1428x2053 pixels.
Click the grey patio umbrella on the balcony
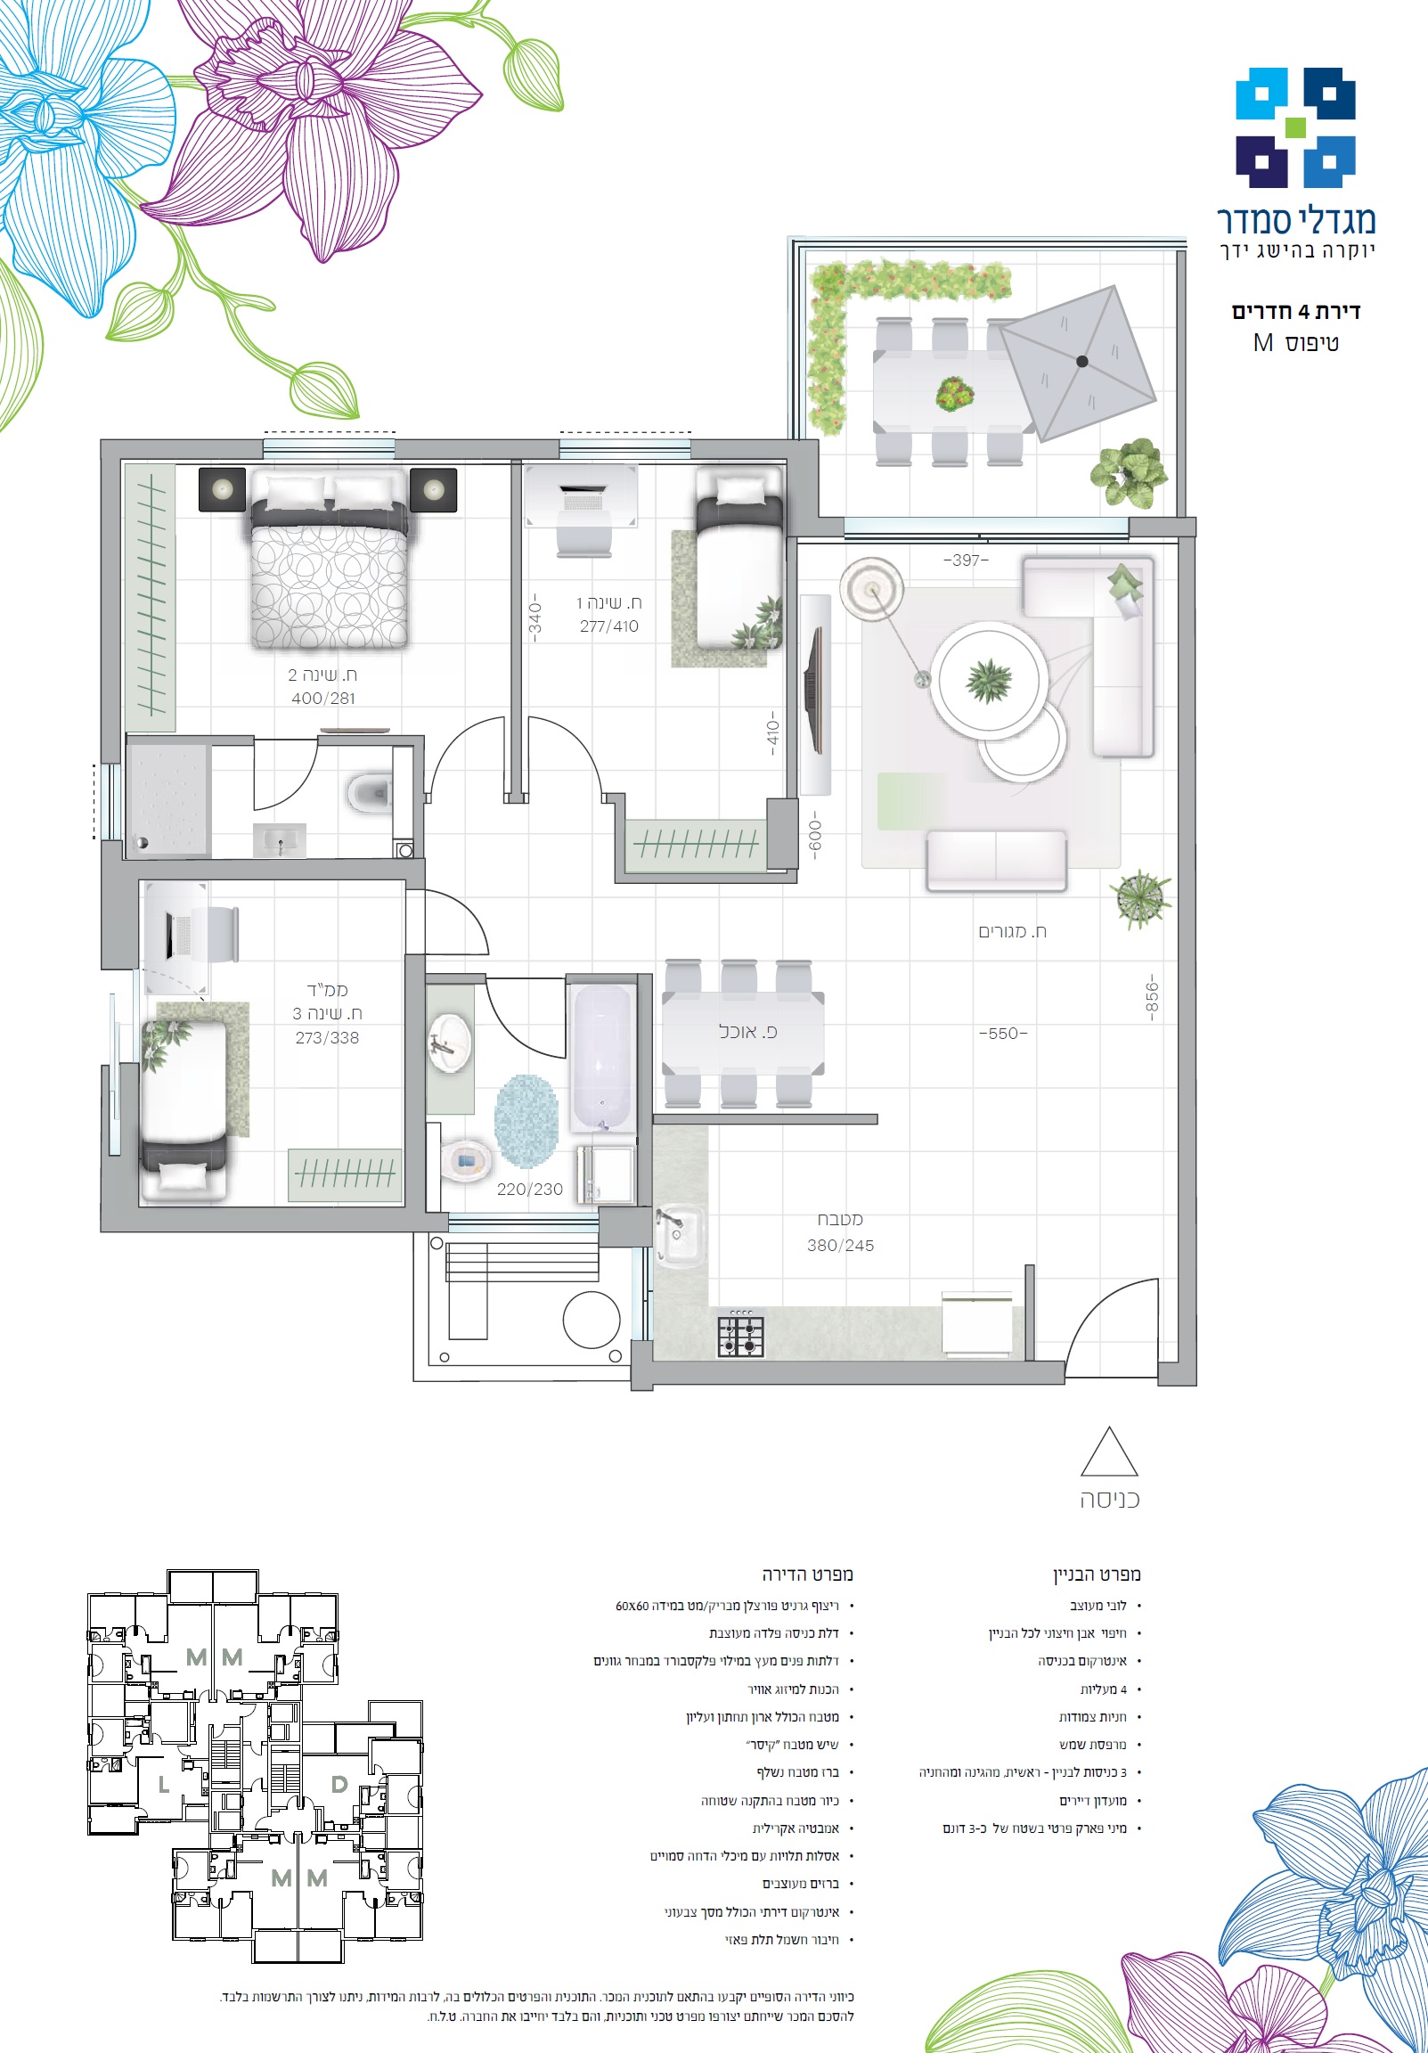1078,362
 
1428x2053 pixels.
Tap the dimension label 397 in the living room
966,560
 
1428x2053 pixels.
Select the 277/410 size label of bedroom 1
609,626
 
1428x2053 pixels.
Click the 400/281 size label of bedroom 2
323,699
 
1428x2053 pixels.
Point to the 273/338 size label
327,1038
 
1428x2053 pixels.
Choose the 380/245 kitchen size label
841,1246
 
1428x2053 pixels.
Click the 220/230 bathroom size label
530,1190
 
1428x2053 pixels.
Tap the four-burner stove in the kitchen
741,1336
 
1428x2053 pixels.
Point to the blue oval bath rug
526,1121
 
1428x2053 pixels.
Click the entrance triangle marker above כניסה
1109,1452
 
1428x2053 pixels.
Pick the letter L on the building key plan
164,1785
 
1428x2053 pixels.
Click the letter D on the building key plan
339,1784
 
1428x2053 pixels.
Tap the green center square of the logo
1294,127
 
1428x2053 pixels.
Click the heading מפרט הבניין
1097,1574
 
